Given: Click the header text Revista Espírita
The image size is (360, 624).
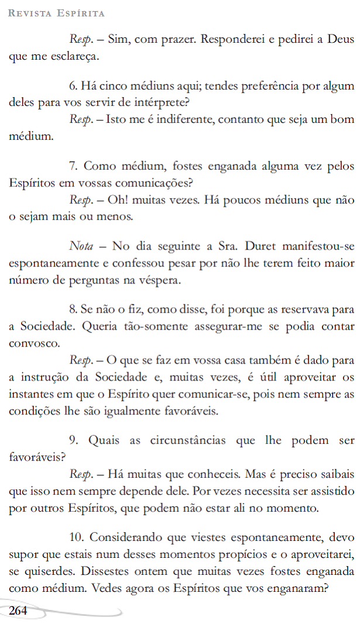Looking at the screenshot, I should [x=57, y=12].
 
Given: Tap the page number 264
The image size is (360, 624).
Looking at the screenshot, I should [x=18, y=611].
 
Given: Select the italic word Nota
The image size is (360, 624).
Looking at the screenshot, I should [x=81, y=246].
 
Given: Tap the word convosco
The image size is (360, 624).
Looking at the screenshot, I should [x=33, y=342].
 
